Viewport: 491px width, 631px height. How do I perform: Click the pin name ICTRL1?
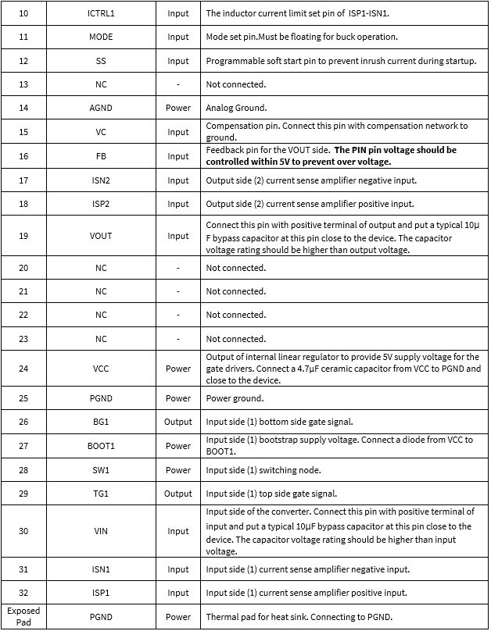click(101, 13)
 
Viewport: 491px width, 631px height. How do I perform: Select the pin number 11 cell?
click(23, 37)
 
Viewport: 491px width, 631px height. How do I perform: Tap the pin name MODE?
click(101, 37)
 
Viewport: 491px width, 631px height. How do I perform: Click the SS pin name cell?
click(101, 61)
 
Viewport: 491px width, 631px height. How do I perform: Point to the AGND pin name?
click(101, 109)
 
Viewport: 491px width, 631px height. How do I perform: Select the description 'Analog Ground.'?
click(236, 109)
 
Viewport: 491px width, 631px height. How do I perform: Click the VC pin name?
click(101, 132)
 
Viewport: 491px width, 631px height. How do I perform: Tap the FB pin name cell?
click(101, 156)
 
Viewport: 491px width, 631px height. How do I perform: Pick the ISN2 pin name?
click(101, 180)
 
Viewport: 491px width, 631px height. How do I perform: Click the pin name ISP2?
click(101, 204)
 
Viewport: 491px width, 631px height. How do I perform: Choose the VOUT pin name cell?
click(101, 236)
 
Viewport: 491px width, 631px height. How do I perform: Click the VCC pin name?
click(101, 369)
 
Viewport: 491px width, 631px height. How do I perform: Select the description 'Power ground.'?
click(235, 398)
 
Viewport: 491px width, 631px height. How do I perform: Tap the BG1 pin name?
click(101, 422)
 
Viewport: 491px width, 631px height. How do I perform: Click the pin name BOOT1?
click(101, 446)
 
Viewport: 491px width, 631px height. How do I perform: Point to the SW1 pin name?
click(101, 470)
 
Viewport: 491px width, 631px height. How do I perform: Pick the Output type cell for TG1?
click(178, 494)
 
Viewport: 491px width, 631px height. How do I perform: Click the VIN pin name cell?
click(101, 531)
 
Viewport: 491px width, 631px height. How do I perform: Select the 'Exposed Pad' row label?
click(23, 616)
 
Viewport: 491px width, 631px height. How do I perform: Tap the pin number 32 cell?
click(23, 593)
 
